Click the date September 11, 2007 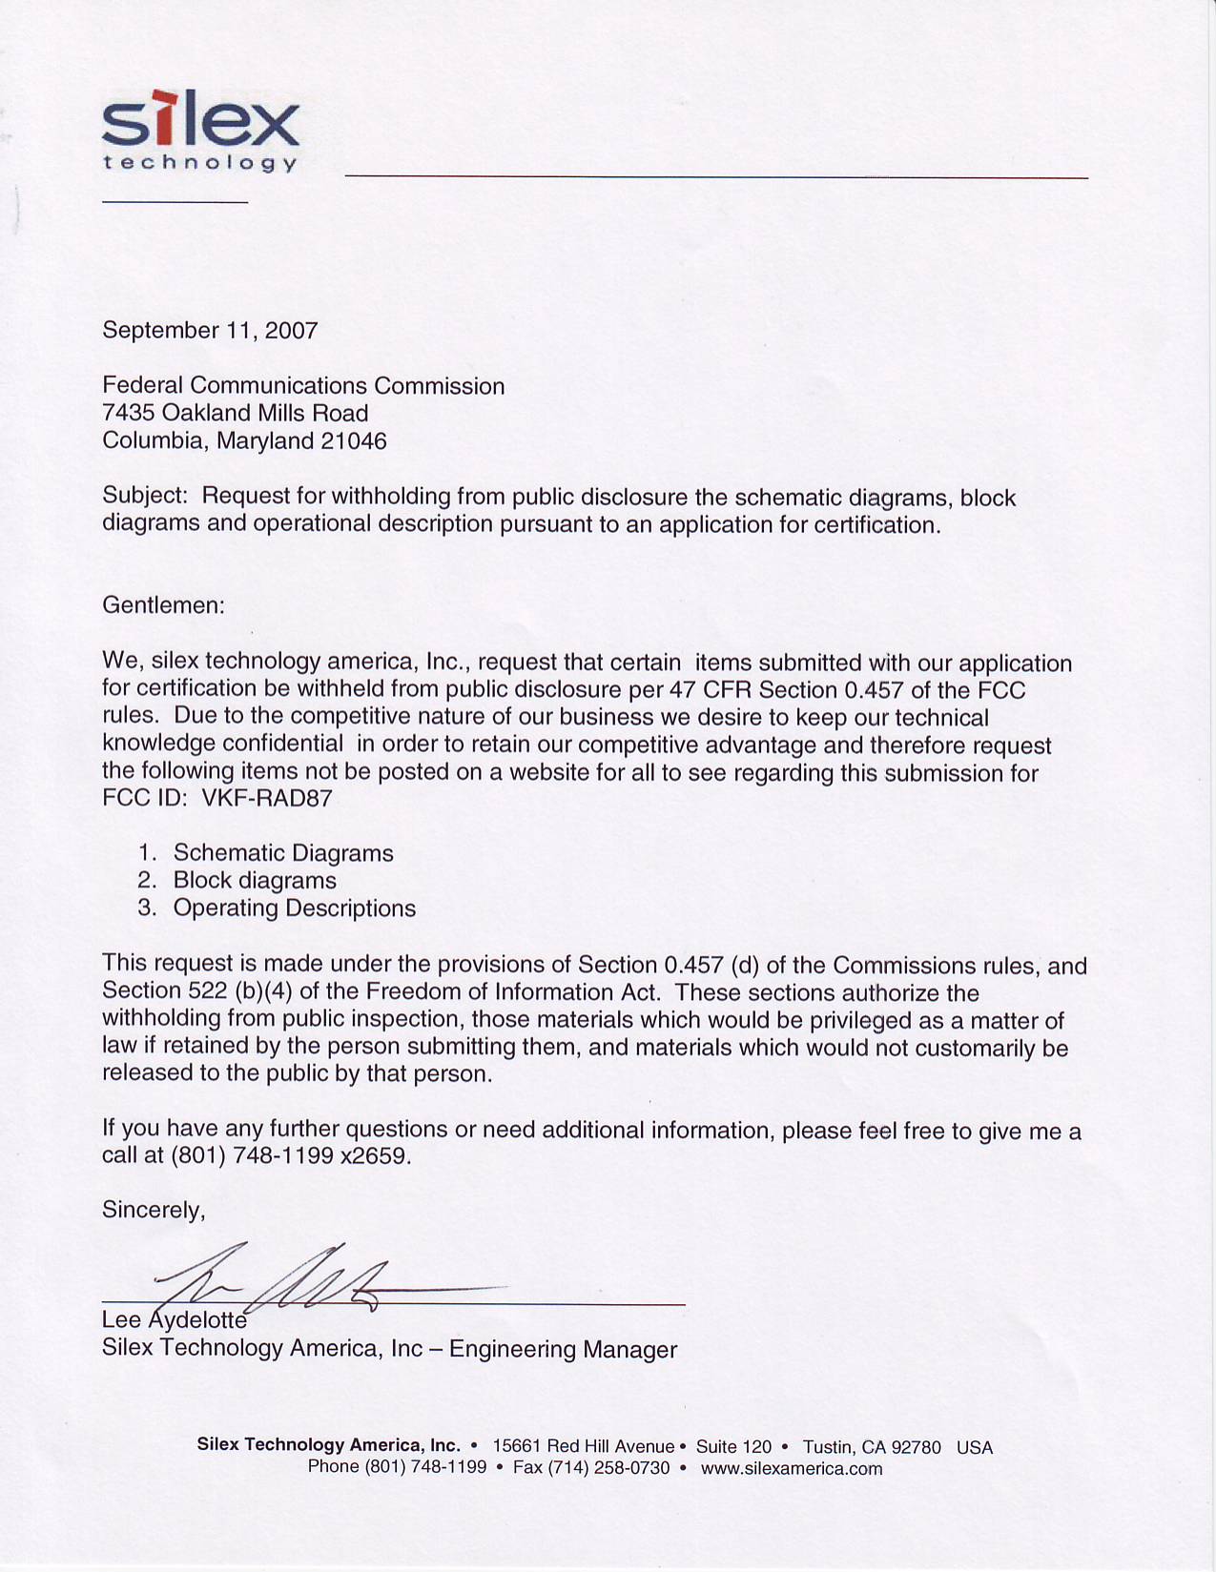[210, 331]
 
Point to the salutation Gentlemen [163, 605]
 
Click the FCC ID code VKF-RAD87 [267, 799]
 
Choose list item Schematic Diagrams [283, 853]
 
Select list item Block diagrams [255, 881]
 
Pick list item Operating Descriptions [294, 908]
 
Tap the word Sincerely [154, 1211]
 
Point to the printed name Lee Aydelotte [175, 1321]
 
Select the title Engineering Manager [563, 1350]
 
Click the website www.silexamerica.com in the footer [792, 1469]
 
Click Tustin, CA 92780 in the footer [872, 1447]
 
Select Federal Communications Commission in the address [303, 386]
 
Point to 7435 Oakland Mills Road [235, 414]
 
